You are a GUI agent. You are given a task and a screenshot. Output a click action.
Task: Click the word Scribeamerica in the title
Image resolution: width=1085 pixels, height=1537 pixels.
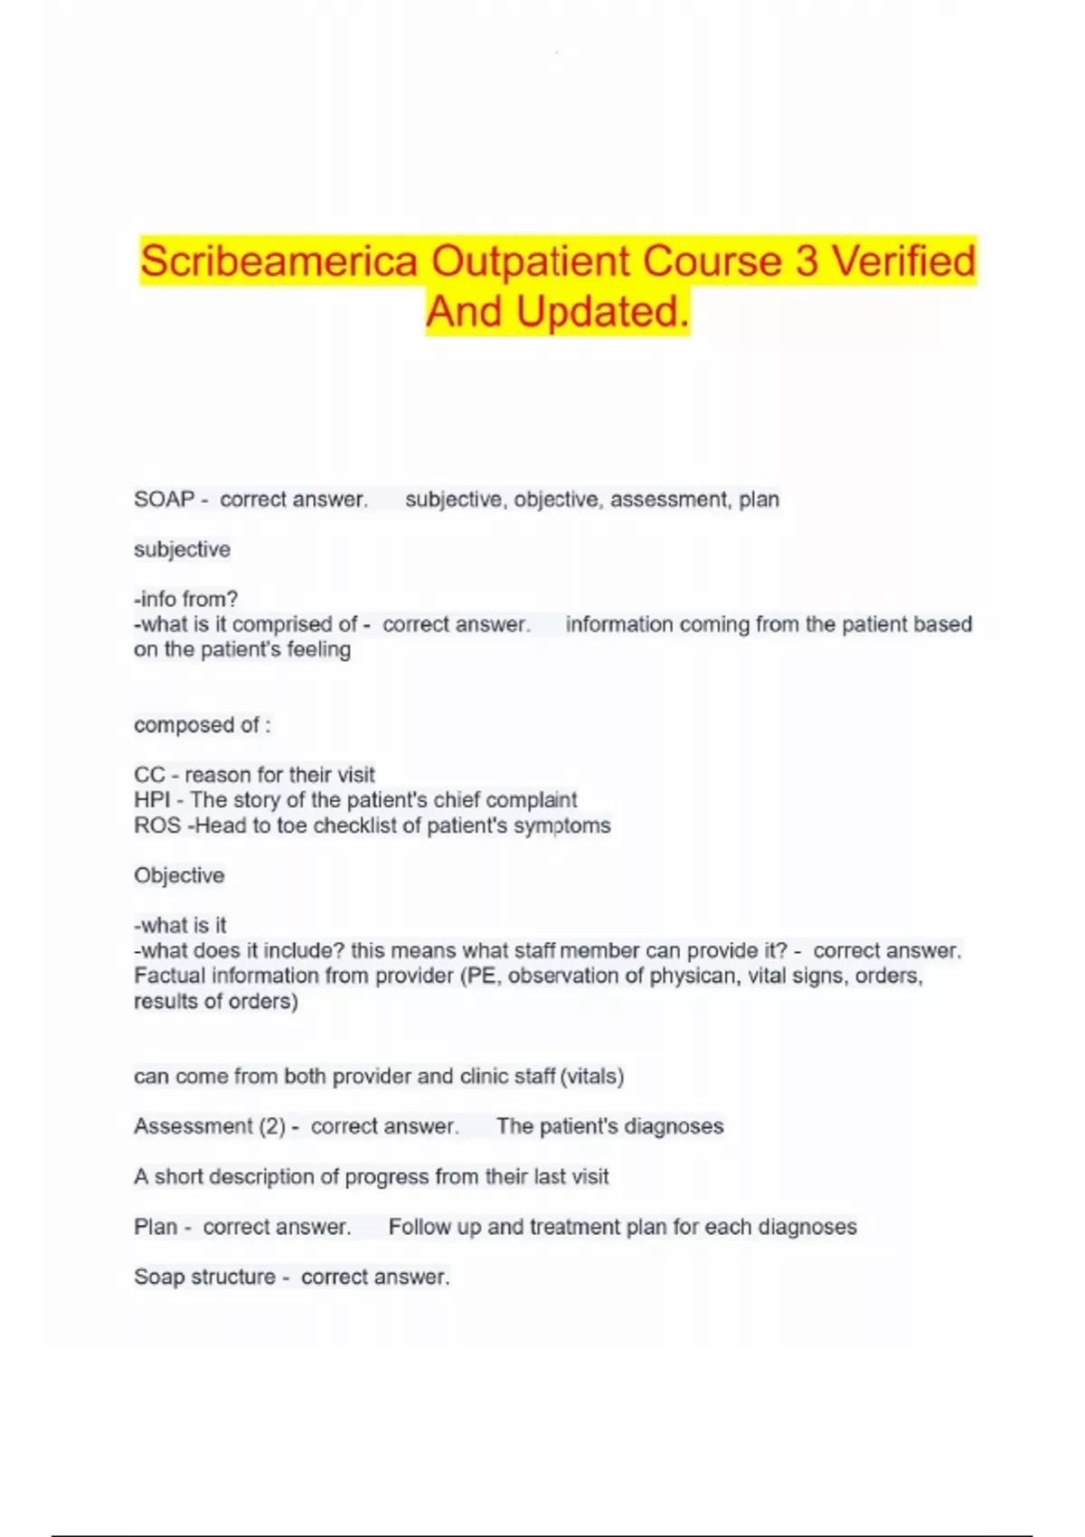tap(278, 261)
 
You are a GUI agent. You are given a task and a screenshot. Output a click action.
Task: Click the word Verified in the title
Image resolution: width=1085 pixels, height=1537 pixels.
tap(903, 261)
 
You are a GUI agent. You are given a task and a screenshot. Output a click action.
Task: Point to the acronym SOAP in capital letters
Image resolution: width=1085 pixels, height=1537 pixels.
tap(164, 499)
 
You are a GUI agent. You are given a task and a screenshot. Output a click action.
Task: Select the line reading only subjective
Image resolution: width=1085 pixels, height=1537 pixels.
tap(182, 550)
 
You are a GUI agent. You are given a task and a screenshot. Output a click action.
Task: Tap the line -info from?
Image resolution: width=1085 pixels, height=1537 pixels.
tap(185, 599)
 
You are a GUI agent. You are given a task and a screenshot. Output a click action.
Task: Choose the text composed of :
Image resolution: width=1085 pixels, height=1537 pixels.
tap(202, 725)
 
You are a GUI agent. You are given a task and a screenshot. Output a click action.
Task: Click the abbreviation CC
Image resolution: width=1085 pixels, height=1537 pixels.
tap(149, 775)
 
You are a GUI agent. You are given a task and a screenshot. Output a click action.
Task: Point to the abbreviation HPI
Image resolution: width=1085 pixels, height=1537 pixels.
tap(152, 800)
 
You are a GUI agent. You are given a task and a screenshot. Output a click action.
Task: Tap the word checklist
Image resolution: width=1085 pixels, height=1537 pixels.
tap(365, 825)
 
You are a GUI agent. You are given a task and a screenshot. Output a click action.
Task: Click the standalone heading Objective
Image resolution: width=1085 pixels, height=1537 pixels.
tap(179, 875)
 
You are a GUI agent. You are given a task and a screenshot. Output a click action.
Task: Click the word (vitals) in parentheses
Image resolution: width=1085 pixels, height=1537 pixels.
tap(592, 1077)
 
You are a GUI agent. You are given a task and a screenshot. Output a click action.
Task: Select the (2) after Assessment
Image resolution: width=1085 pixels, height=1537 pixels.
tap(272, 1127)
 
